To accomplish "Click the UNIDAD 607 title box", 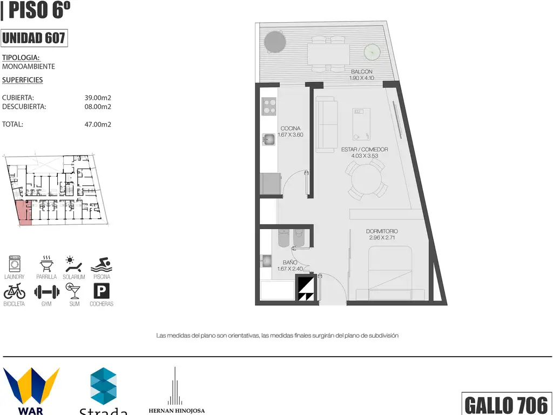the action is [34, 38].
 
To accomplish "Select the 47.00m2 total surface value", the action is [98, 124].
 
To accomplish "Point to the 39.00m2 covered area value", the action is [98, 98].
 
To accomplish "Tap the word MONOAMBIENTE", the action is [29, 66].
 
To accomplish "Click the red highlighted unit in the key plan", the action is [24, 212].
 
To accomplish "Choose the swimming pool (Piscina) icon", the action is [102, 265].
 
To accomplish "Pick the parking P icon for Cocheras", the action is [101, 291].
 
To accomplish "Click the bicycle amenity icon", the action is [15, 291].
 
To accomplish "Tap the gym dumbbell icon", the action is [46, 292].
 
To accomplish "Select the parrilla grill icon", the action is [46, 264].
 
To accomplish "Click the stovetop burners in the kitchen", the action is [269, 106].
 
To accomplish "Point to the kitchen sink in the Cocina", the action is [269, 139].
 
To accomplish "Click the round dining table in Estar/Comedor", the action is [367, 179].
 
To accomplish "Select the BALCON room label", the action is [361, 72].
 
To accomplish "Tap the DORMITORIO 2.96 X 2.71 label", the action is [382, 235].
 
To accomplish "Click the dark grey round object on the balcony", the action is [275, 42].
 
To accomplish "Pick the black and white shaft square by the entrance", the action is [306, 288].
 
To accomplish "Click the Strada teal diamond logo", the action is [103, 386].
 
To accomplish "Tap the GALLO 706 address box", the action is [507, 404].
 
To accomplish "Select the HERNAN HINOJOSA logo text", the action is [177, 411].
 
